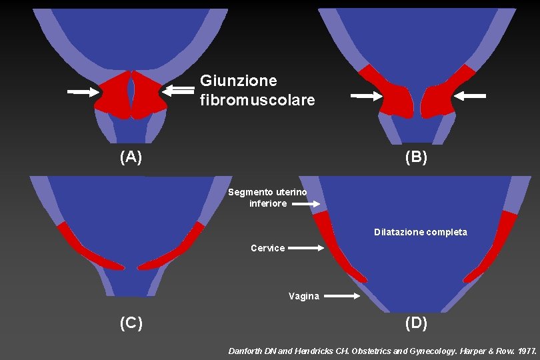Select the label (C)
point(131,323)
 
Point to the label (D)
point(416,323)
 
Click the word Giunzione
point(238,81)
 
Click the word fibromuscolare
point(257,100)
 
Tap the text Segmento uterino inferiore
point(267,197)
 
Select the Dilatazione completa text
point(420,232)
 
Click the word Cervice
point(267,248)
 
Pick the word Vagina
point(303,296)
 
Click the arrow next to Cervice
point(306,248)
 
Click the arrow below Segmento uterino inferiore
point(307,205)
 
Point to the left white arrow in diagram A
point(83,92)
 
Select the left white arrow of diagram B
point(367,97)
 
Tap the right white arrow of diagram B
point(470,96)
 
